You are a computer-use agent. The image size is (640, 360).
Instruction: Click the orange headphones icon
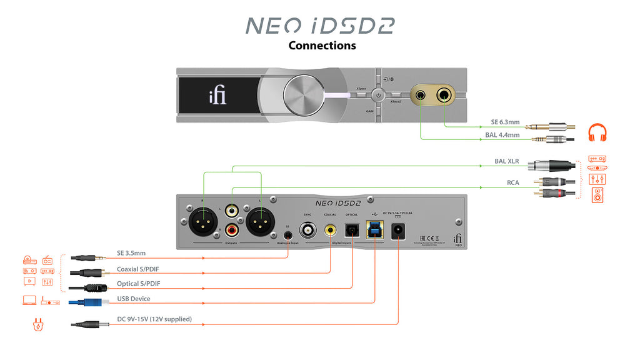[597, 133]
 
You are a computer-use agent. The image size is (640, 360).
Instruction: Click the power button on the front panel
[377, 96]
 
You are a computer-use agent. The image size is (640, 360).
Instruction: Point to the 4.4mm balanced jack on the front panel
[421, 96]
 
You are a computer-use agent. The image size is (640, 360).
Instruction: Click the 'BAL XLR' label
[506, 161]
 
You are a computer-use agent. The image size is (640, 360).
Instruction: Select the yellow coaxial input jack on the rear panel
[329, 230]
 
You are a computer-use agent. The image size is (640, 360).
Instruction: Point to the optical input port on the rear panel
[352, 231]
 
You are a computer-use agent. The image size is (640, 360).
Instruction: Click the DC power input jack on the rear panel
[397, 232]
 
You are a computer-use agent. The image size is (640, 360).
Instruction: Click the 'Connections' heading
[322, 46]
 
